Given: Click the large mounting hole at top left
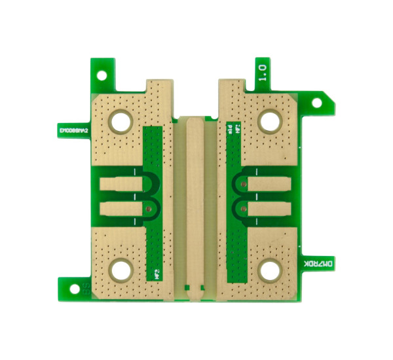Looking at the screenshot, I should [x=121, y=120].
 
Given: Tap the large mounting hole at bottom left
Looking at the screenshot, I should [x=121, y=268].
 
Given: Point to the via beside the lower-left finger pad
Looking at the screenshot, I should [x=150, y=209].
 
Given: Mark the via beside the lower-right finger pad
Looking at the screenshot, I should [x=242, y=209].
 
